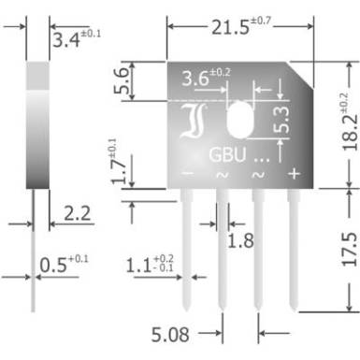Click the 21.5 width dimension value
click(x=231, y=27)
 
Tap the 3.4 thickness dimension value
click(x=66, y=40)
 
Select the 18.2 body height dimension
click(x=351, y=133)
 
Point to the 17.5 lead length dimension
click(x=350, y=249)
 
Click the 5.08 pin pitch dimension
click(x=170, y=335)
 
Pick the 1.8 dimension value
click(x=240, y=241)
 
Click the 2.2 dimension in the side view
click(x=77, y=213)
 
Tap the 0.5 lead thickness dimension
click(x=53, y=266)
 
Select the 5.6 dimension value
click(x=121, y=81)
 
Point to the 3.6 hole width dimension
click(x=195, y=79)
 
